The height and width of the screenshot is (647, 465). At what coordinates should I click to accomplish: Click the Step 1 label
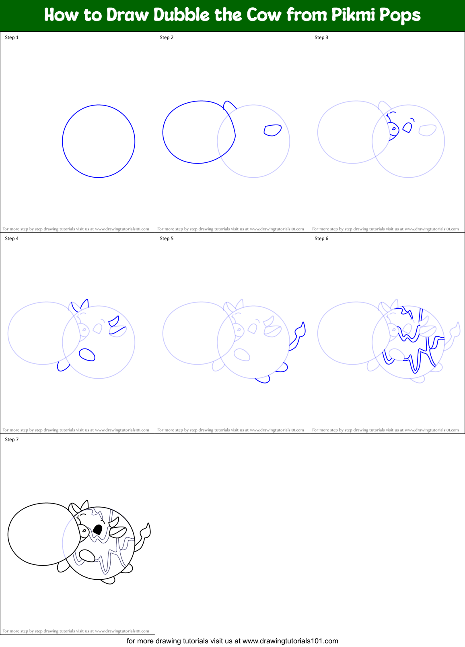pyautogui.click(x=12, y=37)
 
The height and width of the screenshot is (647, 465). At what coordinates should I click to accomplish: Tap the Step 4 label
pyautogui.click(x=12, y=238)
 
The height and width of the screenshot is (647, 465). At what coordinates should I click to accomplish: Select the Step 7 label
pyautogui.click(x=12, y=440)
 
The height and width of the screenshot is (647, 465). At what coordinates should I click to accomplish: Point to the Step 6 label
pyautogui.click(x=321, y=238)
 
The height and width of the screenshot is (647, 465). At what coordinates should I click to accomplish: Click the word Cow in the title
pyautogui.click(x=264, y=15)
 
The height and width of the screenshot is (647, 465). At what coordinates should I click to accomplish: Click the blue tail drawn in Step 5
pyautogui.click(x=300, y=332)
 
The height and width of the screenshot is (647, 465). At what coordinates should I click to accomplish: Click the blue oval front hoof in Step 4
pyautogui.click(x=87, y=355)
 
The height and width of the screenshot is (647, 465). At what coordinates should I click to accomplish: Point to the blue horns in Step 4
pyautogui.click(x=80, y=305)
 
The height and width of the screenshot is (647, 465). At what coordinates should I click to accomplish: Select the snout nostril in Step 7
pyautogui.click(x=84, y=531)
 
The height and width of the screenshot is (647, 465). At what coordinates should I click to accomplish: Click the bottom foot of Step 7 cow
pyautogui.click(x=108, y=581)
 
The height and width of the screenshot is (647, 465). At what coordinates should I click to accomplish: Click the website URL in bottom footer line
pyautogui.click(x=290, y=641)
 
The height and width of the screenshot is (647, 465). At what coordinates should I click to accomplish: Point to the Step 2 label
pyautogui.click(x=167, y=37)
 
